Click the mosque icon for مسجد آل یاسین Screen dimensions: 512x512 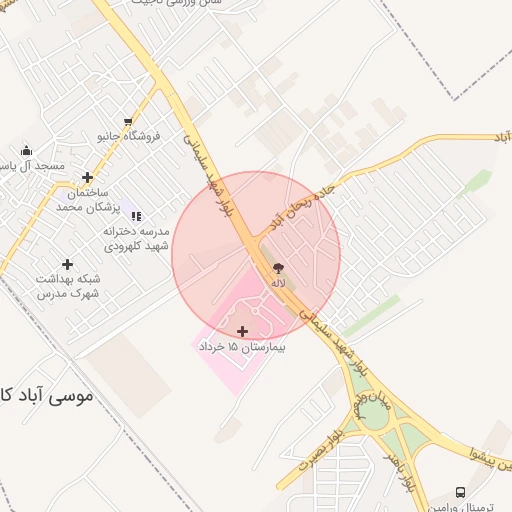(26, 151)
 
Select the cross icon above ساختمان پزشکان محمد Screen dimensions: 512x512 (88, 177)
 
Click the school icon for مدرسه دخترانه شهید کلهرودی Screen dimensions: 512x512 (136, 216)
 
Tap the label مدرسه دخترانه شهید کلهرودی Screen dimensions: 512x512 (136, 238)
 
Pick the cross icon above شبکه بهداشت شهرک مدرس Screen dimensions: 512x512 (67, 264)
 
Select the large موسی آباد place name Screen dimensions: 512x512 (44, 396)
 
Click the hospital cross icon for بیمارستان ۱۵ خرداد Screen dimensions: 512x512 (242, 331)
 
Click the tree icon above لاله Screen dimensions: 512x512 (278, 269)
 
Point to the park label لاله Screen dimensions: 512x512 (278, 284)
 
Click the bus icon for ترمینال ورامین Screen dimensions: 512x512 (460, 492)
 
